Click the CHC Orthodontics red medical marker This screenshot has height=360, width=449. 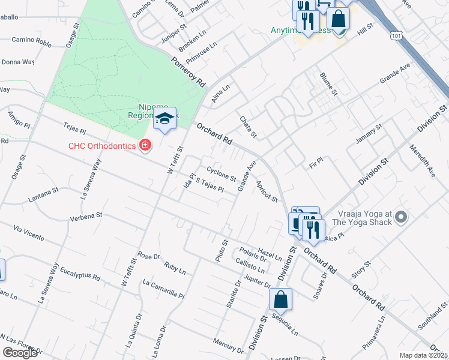[x=144, y=145]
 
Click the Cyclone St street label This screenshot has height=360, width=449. [x=221, y=173]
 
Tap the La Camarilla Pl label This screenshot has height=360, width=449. [x=163, y=288]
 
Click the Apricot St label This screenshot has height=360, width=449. [x=267, y=191]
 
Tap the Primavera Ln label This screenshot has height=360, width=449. [x=376, y=338]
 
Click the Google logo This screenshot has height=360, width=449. [x=20, y=353]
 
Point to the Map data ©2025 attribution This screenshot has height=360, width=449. [x=423, y=355]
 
